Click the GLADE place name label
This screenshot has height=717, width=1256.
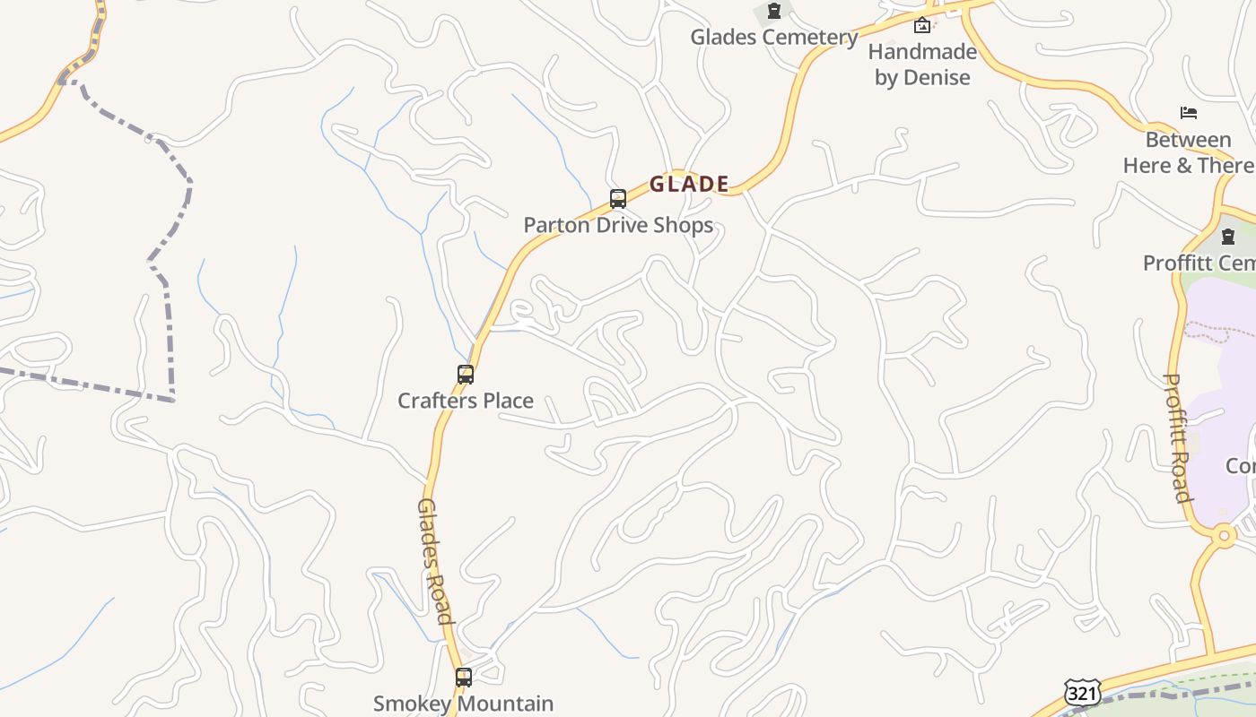(x=689, y=185)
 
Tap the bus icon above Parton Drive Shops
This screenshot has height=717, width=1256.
(x=618, y=198)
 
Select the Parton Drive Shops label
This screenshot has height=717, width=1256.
(x=618, y=225)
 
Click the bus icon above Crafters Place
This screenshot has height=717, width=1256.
(x=466, y=375)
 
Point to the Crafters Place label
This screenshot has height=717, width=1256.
(x=466, y=401)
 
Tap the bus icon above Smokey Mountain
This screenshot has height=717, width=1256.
(x=464, y=678)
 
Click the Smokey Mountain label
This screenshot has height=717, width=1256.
(x=463, y=704)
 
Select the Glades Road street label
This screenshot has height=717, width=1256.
(x=434, y=561)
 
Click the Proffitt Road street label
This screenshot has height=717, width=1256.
(x=1176, y=437)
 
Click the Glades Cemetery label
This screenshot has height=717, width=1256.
(x=773, y=38)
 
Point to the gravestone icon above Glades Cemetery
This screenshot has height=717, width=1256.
(x=773, y=12)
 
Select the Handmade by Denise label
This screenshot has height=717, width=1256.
(x=922, y=65)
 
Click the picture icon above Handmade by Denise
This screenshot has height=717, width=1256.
(x=922, y=25)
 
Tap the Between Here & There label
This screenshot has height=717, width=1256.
(x=1188, y=152)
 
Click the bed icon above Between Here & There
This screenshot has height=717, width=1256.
(x=1189, y=113)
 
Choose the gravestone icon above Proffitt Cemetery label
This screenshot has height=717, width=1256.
(x=1228, y=237)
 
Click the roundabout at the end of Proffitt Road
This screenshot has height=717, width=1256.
(x=1224, y=537)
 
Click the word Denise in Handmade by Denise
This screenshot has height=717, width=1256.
(x=937, y=78)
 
